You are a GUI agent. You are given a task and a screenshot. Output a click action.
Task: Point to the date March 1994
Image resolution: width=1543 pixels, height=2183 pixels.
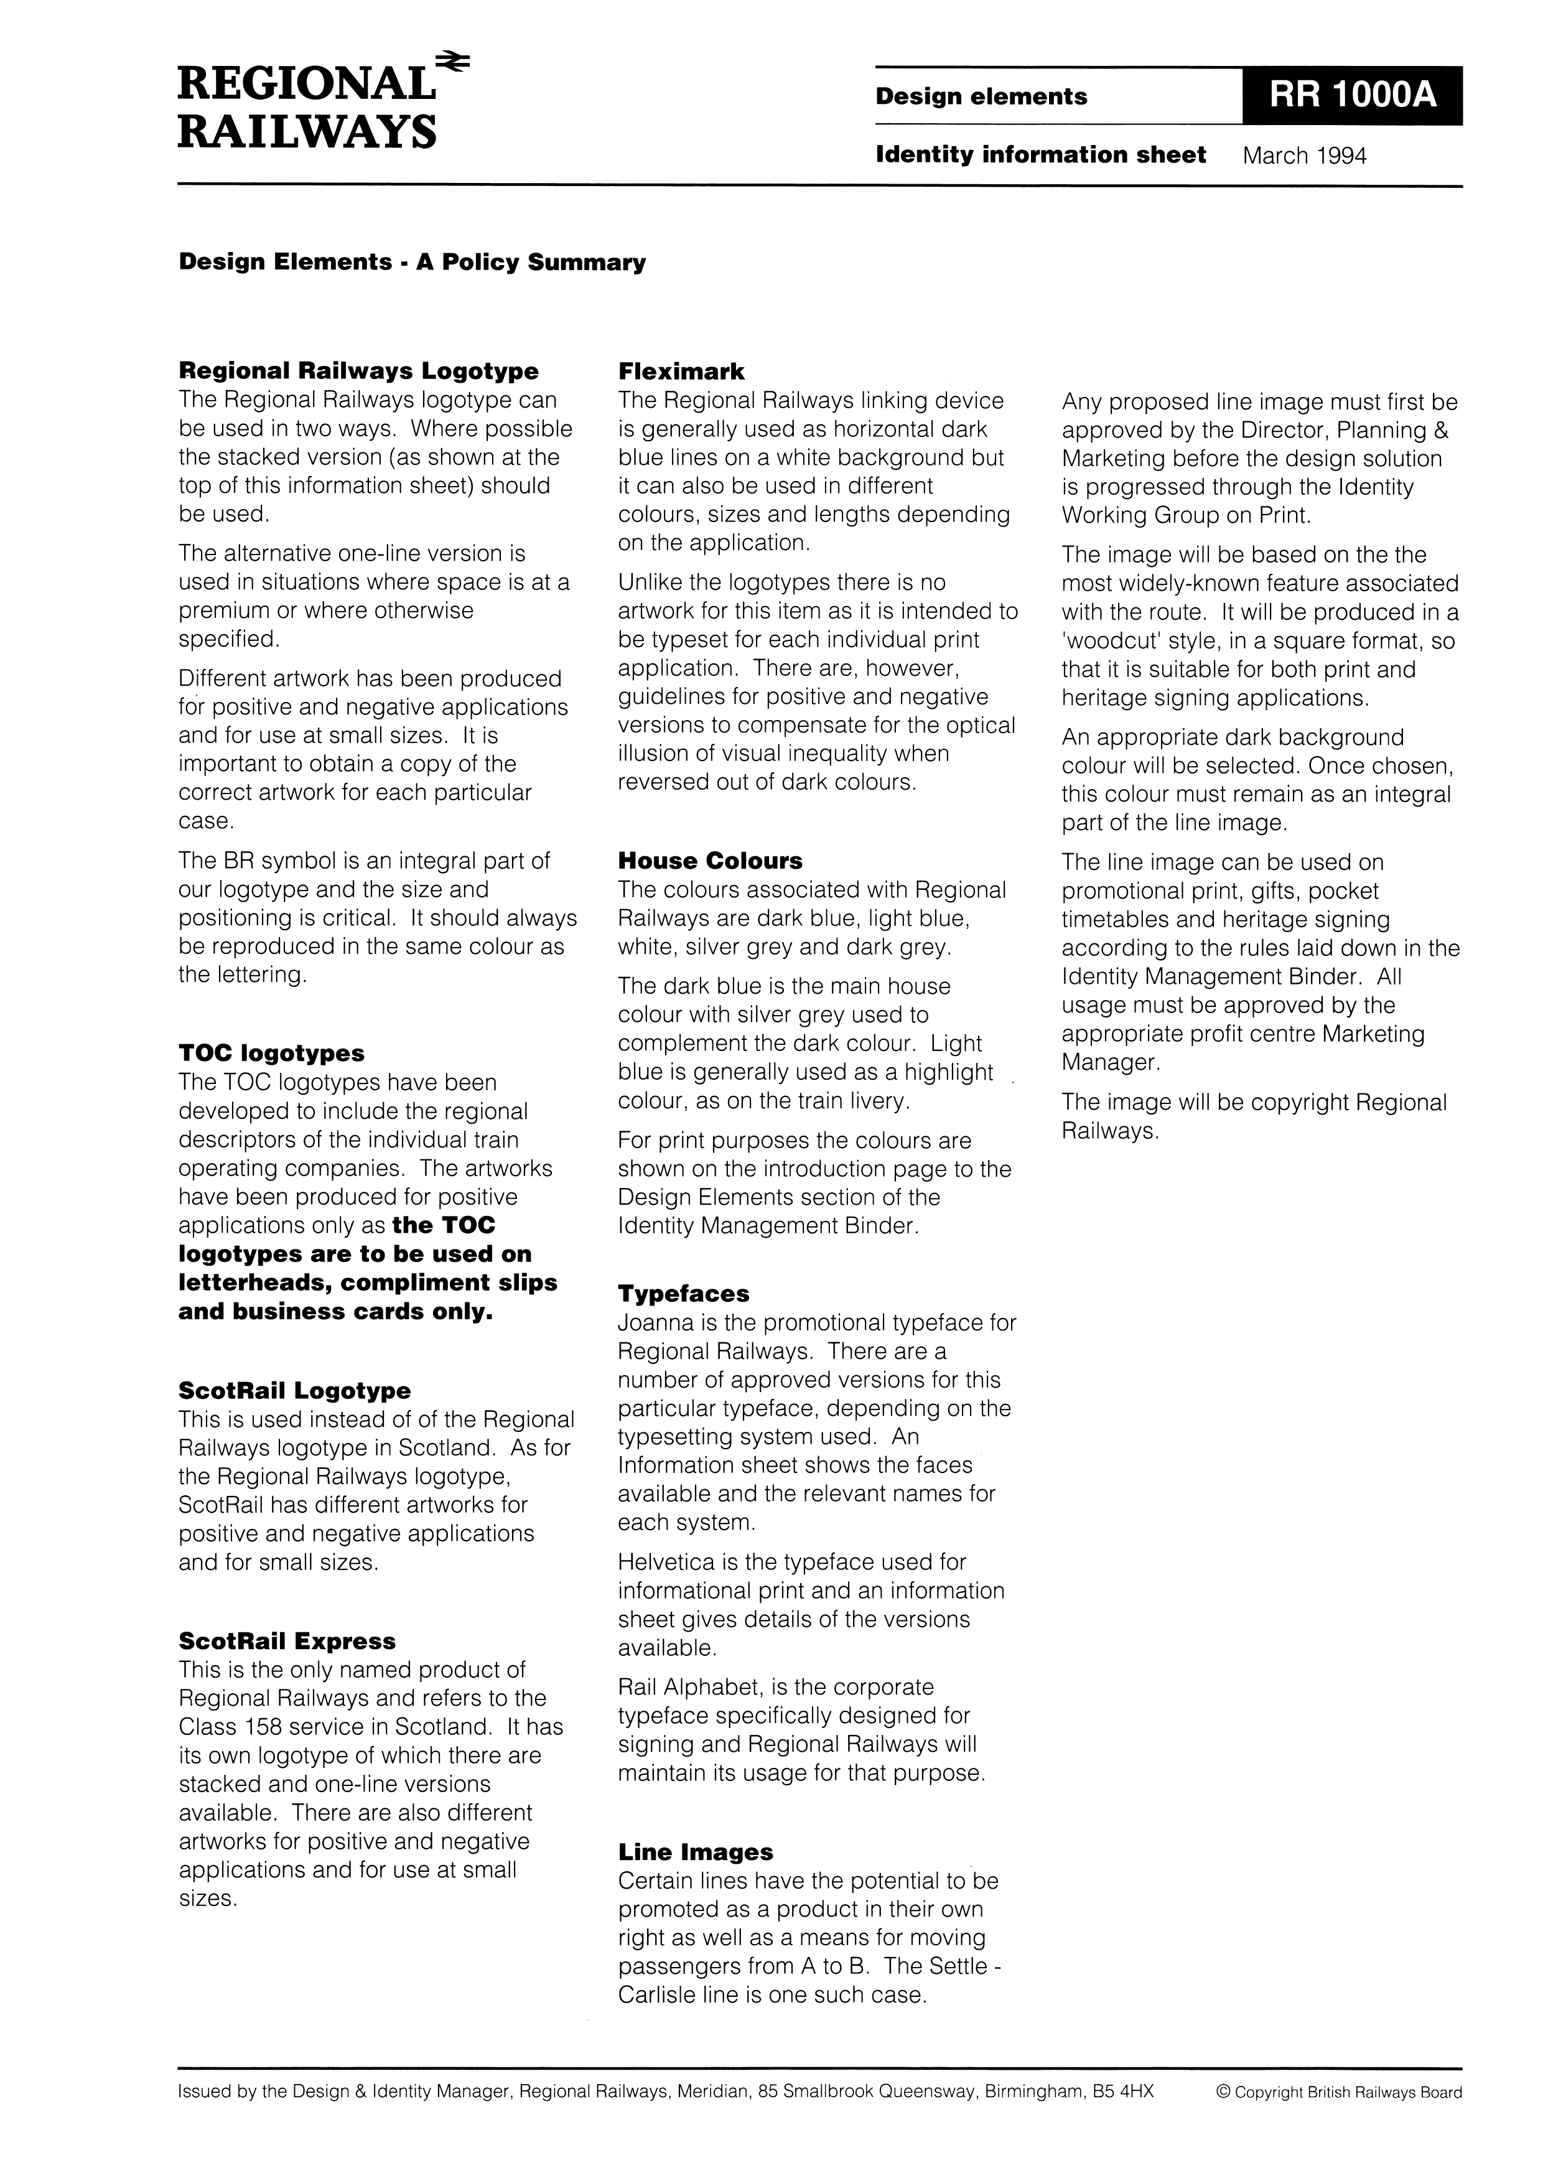pyautogui.click(x=1304, y=156)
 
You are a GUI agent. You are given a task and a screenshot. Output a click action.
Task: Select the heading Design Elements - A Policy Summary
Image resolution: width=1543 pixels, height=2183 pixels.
pyautogui.click(x=412, y=263)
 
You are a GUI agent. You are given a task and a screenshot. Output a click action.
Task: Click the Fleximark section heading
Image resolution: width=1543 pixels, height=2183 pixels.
pyautogui.click(x=681, y=372)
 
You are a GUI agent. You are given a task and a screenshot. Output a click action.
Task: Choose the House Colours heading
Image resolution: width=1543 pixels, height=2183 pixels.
pyautogui.click(x=709, y=861)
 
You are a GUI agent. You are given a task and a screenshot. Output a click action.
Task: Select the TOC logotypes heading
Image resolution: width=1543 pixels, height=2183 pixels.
pyautogui.click(x=271, y=1054)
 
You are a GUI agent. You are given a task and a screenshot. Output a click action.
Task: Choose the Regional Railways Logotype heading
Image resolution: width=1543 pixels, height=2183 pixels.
pyautogui.click(x=358, y=372)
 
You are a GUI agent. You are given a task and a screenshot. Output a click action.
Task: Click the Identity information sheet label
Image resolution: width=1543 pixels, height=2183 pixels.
pyautogui.click(x=1040, y=155)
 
